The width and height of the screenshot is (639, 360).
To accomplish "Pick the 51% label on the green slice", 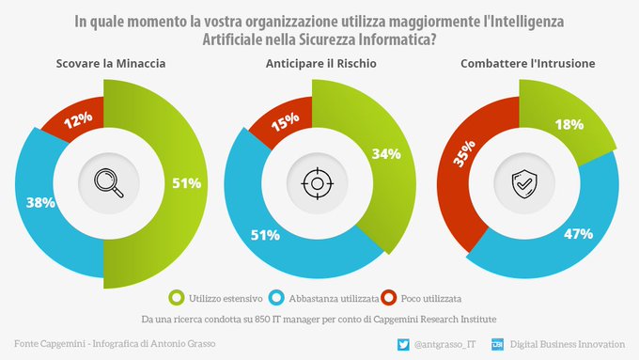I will (187, 183).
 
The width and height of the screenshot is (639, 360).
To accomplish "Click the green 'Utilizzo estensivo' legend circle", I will (174, 299).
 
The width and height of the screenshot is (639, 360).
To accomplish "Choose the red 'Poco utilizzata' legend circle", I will (386, 299).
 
